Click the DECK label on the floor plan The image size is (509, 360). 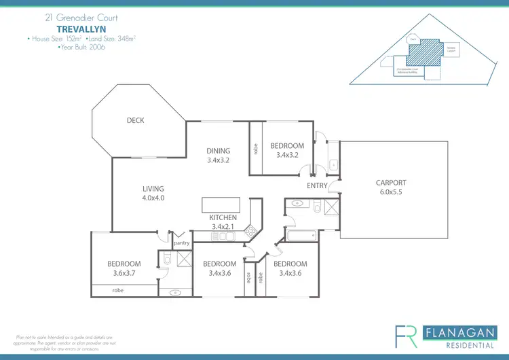click(135, 121)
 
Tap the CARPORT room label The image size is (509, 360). click(391, 183)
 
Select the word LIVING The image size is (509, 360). click(153, 190)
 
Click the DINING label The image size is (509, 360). click(219, 151)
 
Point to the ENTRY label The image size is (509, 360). click(317, 185)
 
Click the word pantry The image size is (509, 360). click(181, 242)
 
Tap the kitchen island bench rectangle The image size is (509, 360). click(220, 205)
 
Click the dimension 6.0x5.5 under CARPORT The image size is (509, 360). click(391, 192)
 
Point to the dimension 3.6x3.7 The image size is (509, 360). click(124, 273)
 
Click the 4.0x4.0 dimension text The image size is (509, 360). click(153, 198)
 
